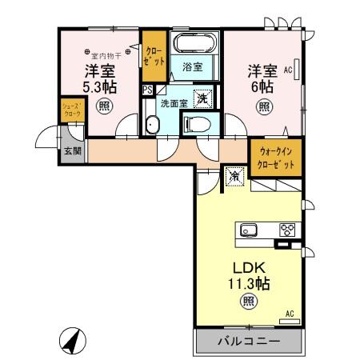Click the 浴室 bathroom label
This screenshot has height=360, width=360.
(x=191, y=68)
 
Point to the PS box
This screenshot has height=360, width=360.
(x=147, y=90)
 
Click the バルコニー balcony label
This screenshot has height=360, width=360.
(x=249, y=342)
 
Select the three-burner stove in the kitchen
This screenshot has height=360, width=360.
(x=286, y=230)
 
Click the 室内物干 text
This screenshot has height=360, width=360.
(x=106, y=56)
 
